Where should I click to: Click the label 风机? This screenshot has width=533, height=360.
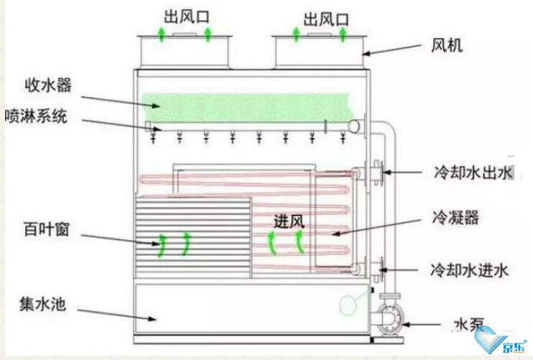click(447, 45)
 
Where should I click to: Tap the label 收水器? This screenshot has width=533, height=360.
click(48, 85)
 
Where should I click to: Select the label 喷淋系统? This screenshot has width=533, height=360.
click(36, 116)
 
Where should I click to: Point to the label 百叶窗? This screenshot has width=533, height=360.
click(46, 229)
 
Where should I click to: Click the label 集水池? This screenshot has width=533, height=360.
click(42, 303)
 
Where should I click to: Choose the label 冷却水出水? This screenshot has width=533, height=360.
click(473, 172)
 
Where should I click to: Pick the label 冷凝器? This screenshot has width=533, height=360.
click(455, 217)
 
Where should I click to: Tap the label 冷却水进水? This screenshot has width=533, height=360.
click(470, 271)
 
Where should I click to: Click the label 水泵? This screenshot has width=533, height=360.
click(468, 325)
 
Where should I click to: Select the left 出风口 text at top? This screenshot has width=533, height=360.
click(186, 17)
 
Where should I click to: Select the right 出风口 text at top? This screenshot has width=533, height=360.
click(326, 19)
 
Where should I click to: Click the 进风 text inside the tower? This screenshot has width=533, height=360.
click(289, 221)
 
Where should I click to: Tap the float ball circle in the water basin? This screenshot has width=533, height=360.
click(348, 304)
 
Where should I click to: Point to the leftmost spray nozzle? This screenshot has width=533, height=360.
click(153, 137)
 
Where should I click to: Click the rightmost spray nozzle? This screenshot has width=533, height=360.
click(343, 137)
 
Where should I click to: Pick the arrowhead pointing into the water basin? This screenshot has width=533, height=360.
click(152, 318)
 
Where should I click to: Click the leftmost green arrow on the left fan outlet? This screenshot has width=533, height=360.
click(162, 34)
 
